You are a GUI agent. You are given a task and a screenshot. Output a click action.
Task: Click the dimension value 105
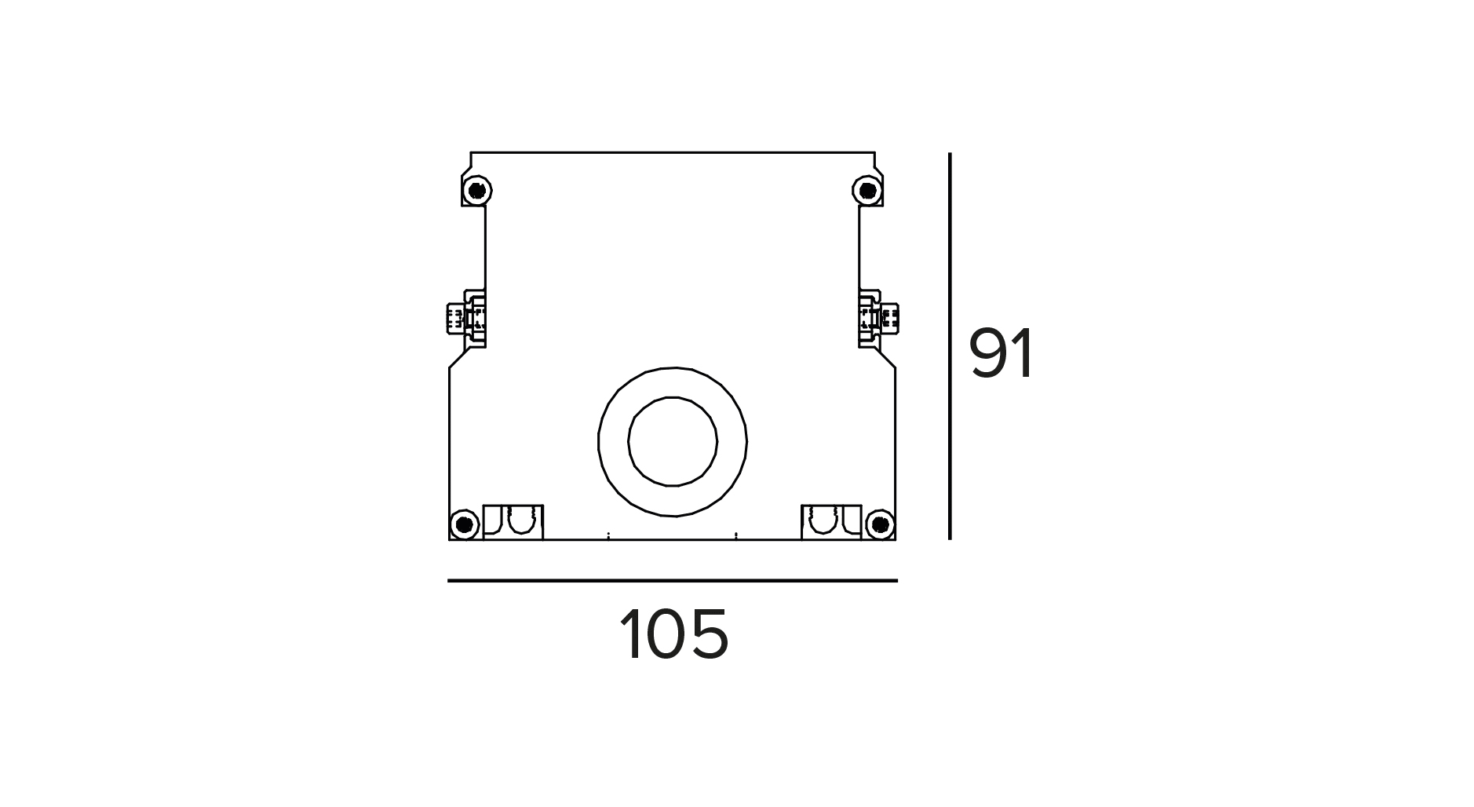point(674,634)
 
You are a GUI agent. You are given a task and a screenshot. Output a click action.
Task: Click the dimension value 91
point(1002,354)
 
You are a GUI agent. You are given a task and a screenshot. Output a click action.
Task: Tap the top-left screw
point(476,190)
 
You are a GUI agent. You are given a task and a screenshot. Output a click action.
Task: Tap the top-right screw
point(867,190)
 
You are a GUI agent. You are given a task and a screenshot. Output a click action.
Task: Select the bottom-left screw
point(464,524)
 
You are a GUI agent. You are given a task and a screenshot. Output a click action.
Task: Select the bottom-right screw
point(881,524)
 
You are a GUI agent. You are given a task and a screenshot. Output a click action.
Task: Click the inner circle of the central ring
point(673,441)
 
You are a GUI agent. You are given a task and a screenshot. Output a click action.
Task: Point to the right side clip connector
point(879,318)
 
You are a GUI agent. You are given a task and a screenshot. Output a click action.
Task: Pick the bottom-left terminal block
point(513,522)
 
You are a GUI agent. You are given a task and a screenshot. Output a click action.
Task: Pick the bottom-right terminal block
point(831,522)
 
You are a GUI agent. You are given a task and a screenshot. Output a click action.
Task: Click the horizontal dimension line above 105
point(673,581)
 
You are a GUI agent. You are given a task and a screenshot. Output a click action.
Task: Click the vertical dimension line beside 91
point(950,346)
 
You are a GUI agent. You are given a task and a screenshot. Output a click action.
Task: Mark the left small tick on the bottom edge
point(608,537)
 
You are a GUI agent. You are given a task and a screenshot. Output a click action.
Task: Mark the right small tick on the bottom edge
point(736,537)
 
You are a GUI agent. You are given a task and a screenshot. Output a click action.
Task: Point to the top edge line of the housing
point(673,152)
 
